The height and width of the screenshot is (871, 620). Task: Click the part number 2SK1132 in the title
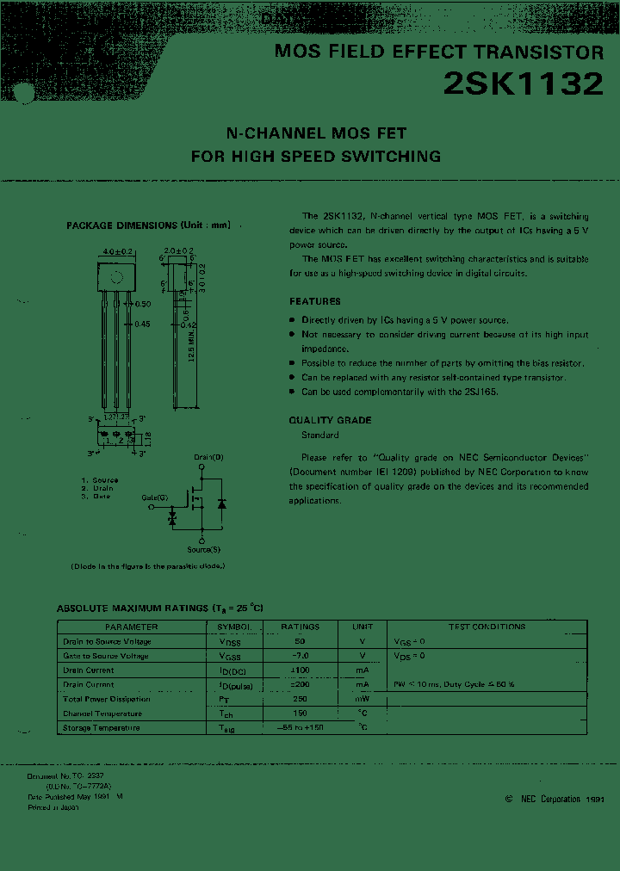click(x=523, y=83)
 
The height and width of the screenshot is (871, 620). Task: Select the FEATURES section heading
click(x=314, y=301)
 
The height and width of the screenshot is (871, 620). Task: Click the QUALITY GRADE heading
click(x=330, y=420)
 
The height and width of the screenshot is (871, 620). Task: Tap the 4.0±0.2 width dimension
click(x=117, y=251)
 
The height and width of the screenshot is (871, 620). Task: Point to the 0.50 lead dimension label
click(x=142, y=304)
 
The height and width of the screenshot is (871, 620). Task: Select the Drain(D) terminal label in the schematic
click(x=208, y=457)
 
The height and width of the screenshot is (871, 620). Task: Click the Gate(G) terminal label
click(x=156, y=498)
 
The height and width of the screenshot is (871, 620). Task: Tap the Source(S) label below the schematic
click(x=204, y=549)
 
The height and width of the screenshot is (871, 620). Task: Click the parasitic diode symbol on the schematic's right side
click(x=222, y=503)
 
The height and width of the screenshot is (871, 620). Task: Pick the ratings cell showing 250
click(x=300, y=700)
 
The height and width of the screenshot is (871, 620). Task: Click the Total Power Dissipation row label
click(x=106, y=700)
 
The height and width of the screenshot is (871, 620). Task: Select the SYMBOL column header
click(x=234, y=627)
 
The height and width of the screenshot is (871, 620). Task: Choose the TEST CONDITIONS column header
click(x=487, y=627)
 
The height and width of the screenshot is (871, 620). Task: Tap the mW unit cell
click(x=363, y=700)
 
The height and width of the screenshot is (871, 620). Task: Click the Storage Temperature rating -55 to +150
click(x=300, y=728)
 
